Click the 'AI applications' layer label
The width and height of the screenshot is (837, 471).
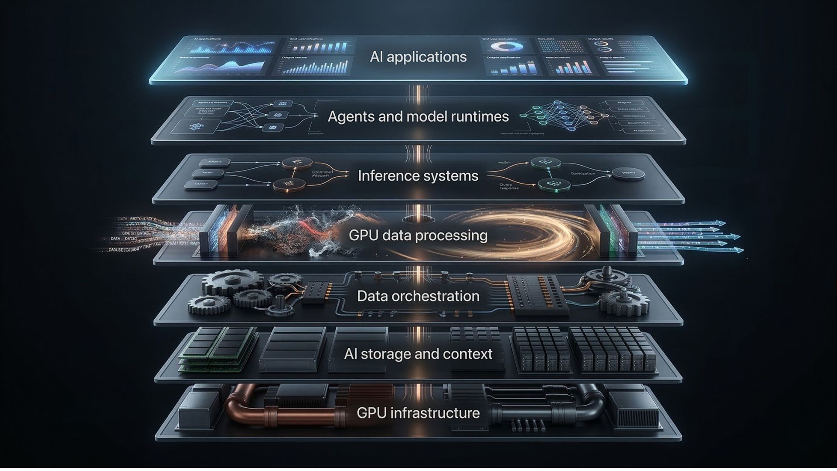click(418, 57)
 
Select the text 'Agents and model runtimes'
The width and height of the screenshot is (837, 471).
click(418, 117)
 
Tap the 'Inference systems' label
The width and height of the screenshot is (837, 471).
click(418, 176)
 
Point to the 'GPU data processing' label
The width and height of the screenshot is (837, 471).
click(418, 235)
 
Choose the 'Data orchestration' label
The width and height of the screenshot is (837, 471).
click(418, 296)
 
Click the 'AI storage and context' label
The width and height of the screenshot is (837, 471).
click(418, 354)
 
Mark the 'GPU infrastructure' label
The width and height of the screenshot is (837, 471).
click(418, 413)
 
